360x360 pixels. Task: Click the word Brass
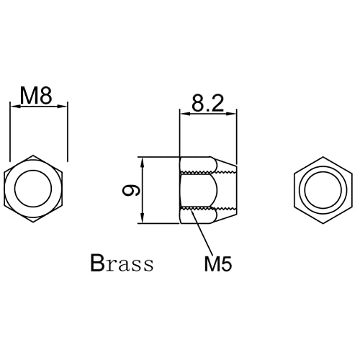[122, 263]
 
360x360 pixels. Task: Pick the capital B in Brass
[98, 263]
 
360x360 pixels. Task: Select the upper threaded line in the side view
[209, 172]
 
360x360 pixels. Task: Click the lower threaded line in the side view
[209, 209]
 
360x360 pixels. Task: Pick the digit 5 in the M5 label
[226, 264]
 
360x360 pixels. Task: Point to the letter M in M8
[29, 96]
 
